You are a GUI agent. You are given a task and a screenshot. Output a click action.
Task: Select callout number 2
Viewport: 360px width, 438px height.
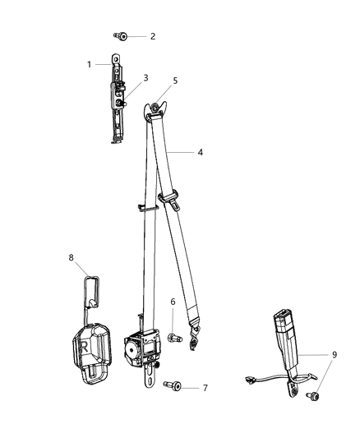[151, 37]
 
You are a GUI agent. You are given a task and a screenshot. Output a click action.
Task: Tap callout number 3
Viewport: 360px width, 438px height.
[145, 78]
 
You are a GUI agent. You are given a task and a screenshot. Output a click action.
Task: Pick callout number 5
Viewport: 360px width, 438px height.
[174, 81]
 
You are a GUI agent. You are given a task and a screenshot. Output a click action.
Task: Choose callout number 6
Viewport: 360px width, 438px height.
[173, 302]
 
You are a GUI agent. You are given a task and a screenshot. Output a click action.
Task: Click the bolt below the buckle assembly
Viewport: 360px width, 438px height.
[312, 397]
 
